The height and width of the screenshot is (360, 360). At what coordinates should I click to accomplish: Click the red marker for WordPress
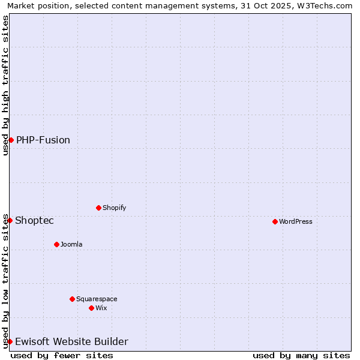point(275,221)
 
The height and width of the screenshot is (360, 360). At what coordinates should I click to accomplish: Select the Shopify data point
point(98,208)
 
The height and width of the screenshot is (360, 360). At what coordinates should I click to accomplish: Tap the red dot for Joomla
point(56,244)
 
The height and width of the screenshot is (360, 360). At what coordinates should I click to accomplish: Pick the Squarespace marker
point(72,299)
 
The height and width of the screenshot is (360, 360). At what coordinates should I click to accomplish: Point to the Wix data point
point(91,308)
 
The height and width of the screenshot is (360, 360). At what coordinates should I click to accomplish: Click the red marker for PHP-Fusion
point(11,140)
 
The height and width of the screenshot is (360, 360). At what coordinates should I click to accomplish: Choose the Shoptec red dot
point(10,220)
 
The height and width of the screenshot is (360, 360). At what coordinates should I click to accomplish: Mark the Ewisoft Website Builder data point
point(10,341)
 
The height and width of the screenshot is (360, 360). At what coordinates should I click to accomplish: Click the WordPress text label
point(296,221)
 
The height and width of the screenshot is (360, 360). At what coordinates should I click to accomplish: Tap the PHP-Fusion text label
point(43,140)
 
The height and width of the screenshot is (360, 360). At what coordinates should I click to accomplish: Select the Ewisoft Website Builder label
point(71,341)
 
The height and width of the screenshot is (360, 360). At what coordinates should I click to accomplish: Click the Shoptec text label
point(34,220)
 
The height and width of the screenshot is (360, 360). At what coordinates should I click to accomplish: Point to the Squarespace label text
point(97,299)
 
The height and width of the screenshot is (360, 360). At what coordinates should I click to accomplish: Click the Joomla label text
point(71,244)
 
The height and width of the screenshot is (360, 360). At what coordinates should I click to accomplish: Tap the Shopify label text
point(114,208)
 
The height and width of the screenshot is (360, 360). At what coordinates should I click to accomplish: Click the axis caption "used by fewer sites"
point(62,355)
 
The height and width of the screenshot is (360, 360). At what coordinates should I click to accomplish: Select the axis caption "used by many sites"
point(301,355)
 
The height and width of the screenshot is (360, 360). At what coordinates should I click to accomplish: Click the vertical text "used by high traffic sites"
point(5,85)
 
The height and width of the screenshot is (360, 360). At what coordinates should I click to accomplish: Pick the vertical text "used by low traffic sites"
point(5,281)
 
